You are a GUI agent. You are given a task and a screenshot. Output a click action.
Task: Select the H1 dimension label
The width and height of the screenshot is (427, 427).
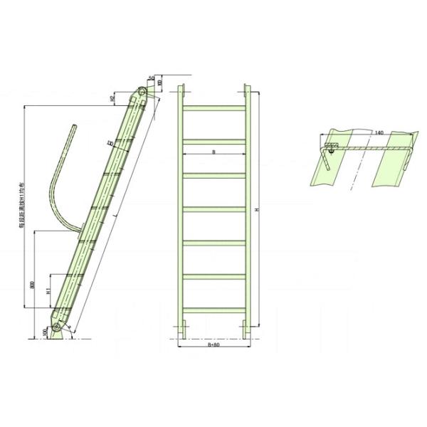click(x=47, y=291)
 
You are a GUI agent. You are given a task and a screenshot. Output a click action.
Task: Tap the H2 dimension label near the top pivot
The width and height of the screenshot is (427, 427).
click(x=113, y=99)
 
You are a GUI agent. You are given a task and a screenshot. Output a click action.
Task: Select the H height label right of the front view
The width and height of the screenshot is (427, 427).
click(x=259, y=211)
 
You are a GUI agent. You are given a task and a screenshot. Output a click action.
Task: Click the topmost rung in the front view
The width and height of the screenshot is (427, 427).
click(x=213, y=107)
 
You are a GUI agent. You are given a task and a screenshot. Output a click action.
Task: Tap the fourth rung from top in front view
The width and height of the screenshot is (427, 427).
click(x=213, y=209)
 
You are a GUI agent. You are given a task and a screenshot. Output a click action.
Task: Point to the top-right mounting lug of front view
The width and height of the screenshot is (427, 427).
click(x=247, y=93)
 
